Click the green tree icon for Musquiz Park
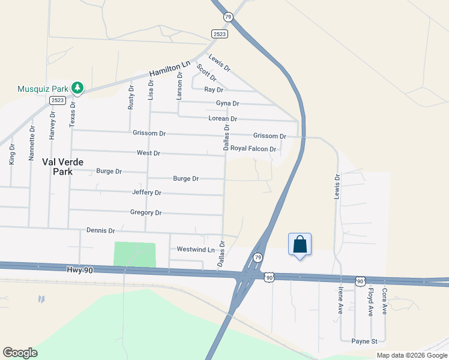pos(77,88)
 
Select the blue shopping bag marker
pos(300,245)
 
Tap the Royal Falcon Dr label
pos(253,148)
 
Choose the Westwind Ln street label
pos(196,249)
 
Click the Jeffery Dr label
pos(146,193)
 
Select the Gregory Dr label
pos(146,212)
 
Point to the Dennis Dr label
pos(100,230)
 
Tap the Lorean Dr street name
pos(223,119)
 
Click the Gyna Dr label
pos(228,103)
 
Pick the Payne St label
pos(364,341)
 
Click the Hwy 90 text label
pos(81,271)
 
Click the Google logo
pos(20,353)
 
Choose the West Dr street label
pos(148,153)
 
